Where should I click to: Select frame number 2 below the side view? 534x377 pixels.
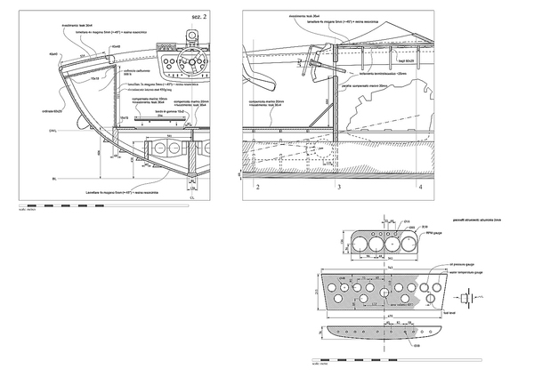(x=257, y=188)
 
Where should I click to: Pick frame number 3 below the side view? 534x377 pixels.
(x=337, y=188)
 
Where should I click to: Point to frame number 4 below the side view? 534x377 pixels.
(x=421, y=188)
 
